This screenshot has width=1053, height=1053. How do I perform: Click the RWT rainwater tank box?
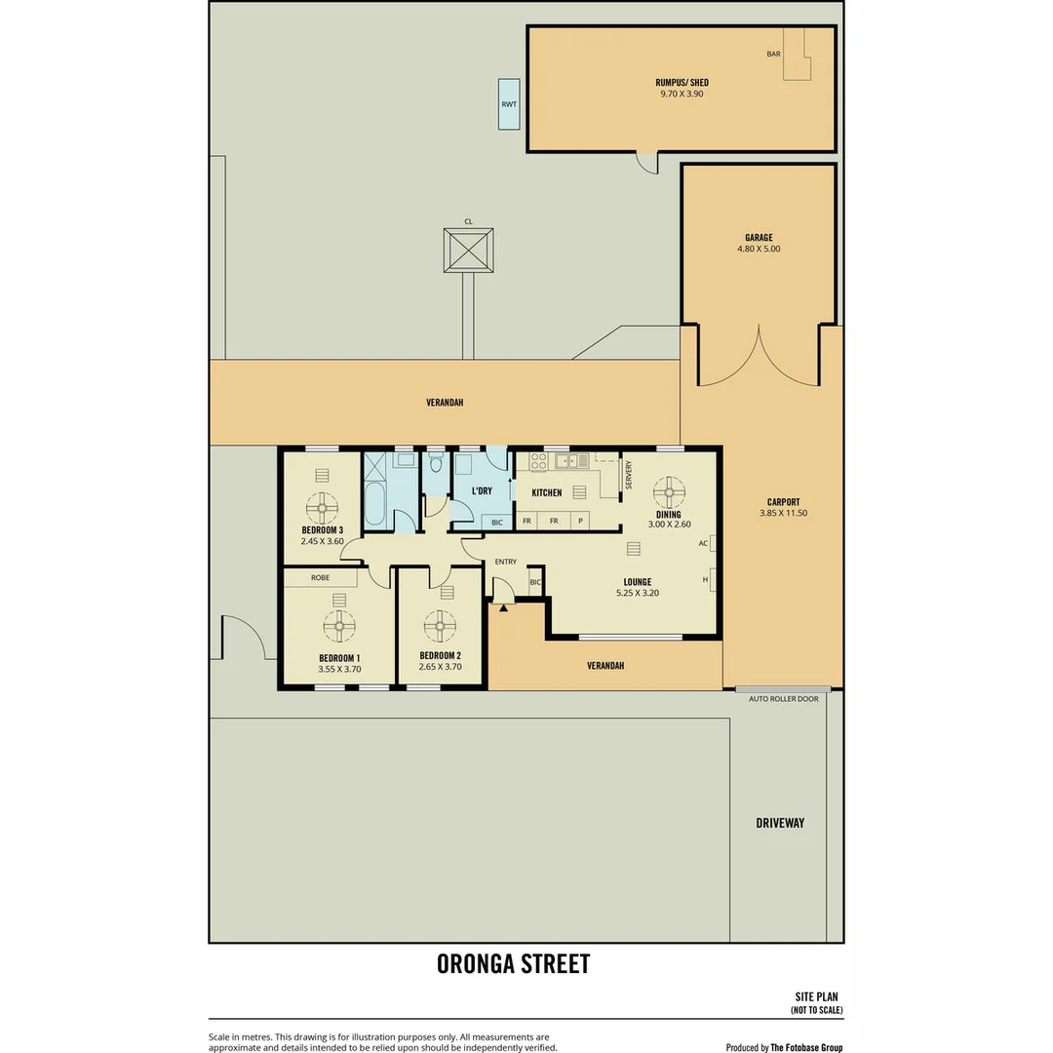pyautogui.click(x=509, y=104)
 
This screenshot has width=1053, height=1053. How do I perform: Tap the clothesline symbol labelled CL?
pyautogui.click(x=469, y=251)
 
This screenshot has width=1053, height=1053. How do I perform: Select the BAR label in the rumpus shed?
pyautogui.click(x=774, y=55)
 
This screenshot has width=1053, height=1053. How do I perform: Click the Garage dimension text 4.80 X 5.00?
pyautogui.click(x=759, y=249)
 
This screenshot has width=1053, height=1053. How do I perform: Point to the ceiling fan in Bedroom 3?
pyautogui.click(x=323, y=507)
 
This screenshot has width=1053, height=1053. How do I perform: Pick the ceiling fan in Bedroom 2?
pyautogui.click(x=440, y=626)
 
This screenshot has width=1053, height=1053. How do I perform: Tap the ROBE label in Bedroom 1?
pyautogui.click(x=320, y=577)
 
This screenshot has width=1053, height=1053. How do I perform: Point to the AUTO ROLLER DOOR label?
pyautogui.click(x=783, y=699)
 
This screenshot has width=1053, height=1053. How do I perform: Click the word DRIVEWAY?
pyautogui.click(x=780, y=823)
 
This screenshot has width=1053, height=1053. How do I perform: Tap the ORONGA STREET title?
pyautogui.click(x=513, y=964)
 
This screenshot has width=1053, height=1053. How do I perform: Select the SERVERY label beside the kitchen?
pyautogui.click(x=629, y=475)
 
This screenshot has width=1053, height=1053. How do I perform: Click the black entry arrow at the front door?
pyautogui.click(x=504, y=607)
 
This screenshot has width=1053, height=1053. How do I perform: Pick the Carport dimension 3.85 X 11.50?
pyautogui.click(x=783, y=513)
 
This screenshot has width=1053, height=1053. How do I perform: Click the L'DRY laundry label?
pyautogui.click(x=481, y=490)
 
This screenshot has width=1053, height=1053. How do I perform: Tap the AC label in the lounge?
pyautogui.click(x=703, y=544)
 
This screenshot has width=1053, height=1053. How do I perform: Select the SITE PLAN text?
pyautogui.click(x=819, y=997)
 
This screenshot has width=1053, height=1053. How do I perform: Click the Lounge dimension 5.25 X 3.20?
pyautogui.click(x=638, y=593)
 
